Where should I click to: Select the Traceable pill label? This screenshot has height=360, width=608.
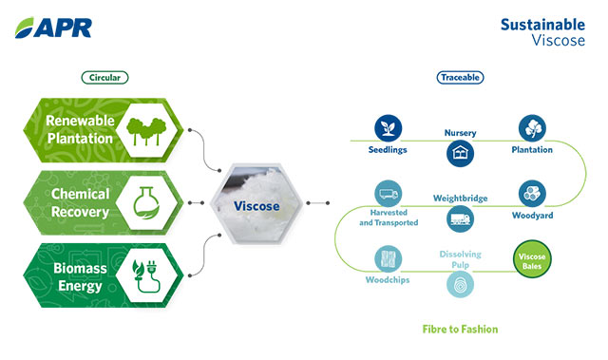pyautogui.click(x=459, y=77)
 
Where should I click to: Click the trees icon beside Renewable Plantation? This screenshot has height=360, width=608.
pyautogui.click(x=145, y=131)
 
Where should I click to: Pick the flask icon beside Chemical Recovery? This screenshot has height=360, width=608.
pyautogui.click(x=145, y=201)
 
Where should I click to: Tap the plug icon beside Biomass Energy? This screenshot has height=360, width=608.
pyautogui.click(x=145, y=272)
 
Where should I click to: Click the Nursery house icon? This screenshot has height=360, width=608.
pyautogui.click(x=460, y=155)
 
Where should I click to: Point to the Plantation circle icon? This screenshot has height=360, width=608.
pyautogui.click(x=531, y=128)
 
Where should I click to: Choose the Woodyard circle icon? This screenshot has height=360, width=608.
pyautogui.click(x=531, y=194)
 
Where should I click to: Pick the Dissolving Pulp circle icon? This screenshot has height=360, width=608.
pyautogui.click(x=460, y=285)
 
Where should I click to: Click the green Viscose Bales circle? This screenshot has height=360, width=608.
pyautogui.click(x=531, y=258)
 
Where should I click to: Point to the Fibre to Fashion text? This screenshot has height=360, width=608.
pyautogui.click(x=460, y=330)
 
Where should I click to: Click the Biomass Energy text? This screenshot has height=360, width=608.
pyautogui.click(x=80, y=272)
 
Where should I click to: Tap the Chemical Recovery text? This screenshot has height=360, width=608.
pyautogui.click(x=80, y=201)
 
